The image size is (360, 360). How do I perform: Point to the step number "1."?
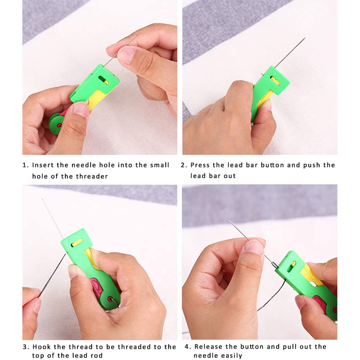click(26, 165)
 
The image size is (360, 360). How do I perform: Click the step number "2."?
click(184, 165)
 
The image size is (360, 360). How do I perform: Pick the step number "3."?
click(26, 346)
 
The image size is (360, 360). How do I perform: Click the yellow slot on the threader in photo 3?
click(78, 243)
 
